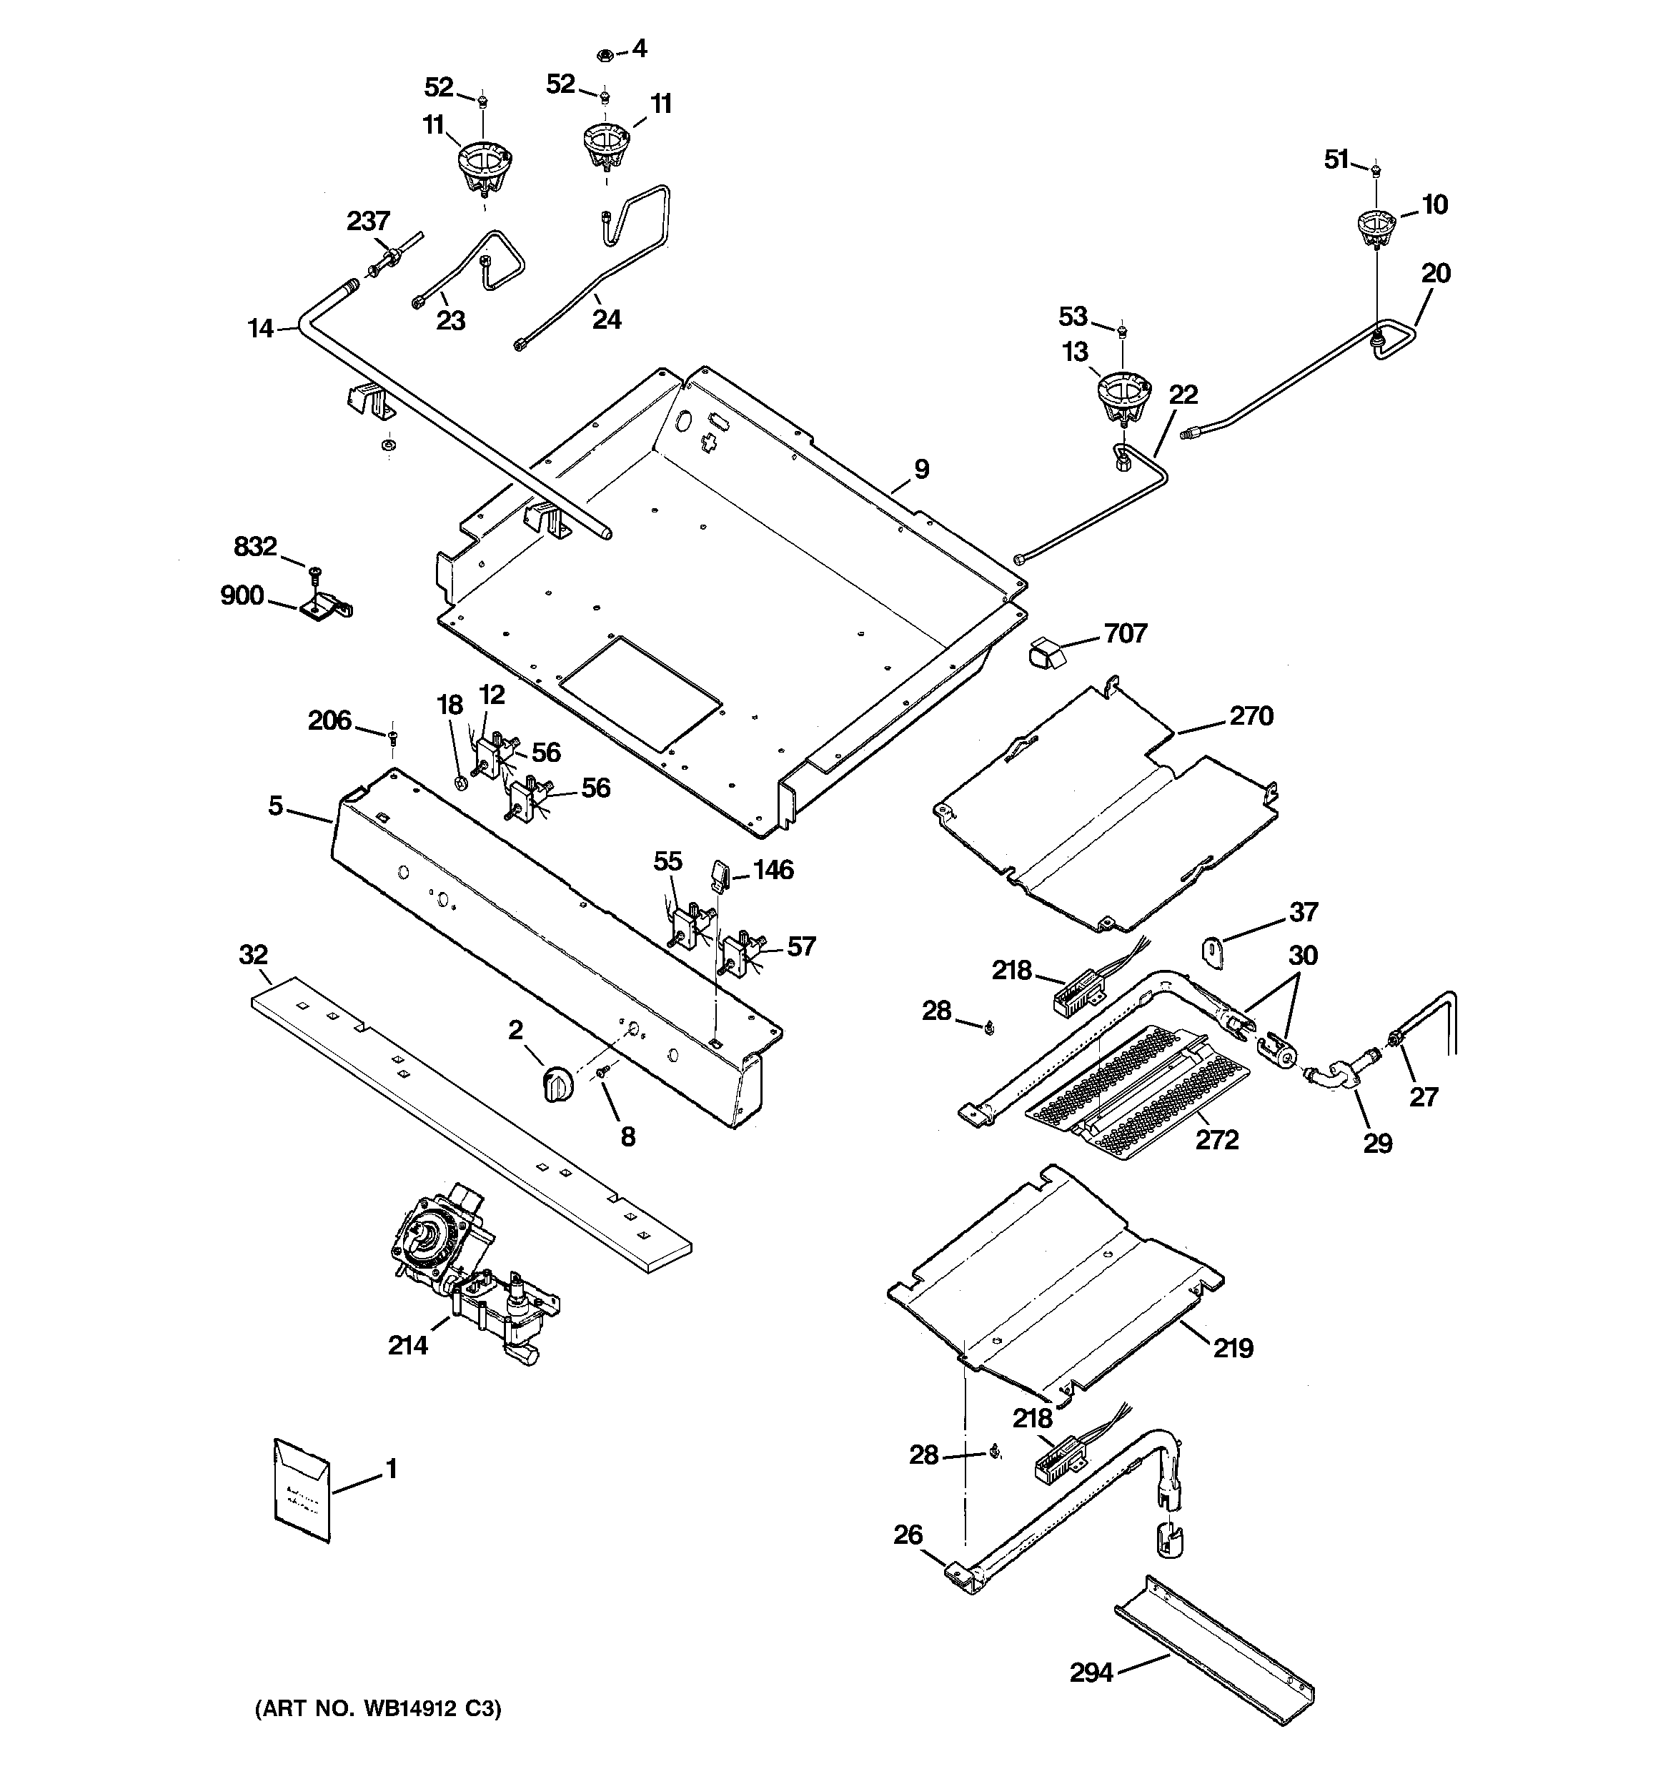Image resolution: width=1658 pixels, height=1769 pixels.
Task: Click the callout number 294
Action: click(1091, 1674)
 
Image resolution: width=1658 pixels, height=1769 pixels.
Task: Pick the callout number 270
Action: click(1251, 716)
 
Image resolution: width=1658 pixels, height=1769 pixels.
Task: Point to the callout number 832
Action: click(255, 545)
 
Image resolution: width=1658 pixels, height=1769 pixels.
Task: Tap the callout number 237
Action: click(367, 221)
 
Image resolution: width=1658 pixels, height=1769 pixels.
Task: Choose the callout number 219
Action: click(1233, 1348)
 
